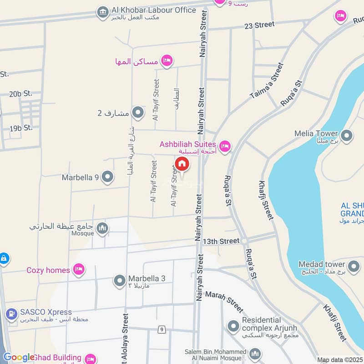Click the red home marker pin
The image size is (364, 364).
[182, 164]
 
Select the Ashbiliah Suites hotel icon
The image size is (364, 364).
[224, 146]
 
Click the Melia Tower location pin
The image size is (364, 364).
[347, 135]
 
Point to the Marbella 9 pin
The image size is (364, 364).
[107, 177]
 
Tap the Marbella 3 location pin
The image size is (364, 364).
[120, 280]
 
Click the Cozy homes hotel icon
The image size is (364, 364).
[80, 270]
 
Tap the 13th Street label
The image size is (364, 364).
[221, 240]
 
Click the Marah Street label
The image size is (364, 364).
[225, 302]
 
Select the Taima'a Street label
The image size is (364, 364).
[267, 81]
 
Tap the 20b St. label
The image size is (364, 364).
[21, 94]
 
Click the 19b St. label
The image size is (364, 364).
[21, 128]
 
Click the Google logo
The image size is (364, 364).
[19, 357]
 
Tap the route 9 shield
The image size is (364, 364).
[162, 329]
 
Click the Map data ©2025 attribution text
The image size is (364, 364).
[340, 360]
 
